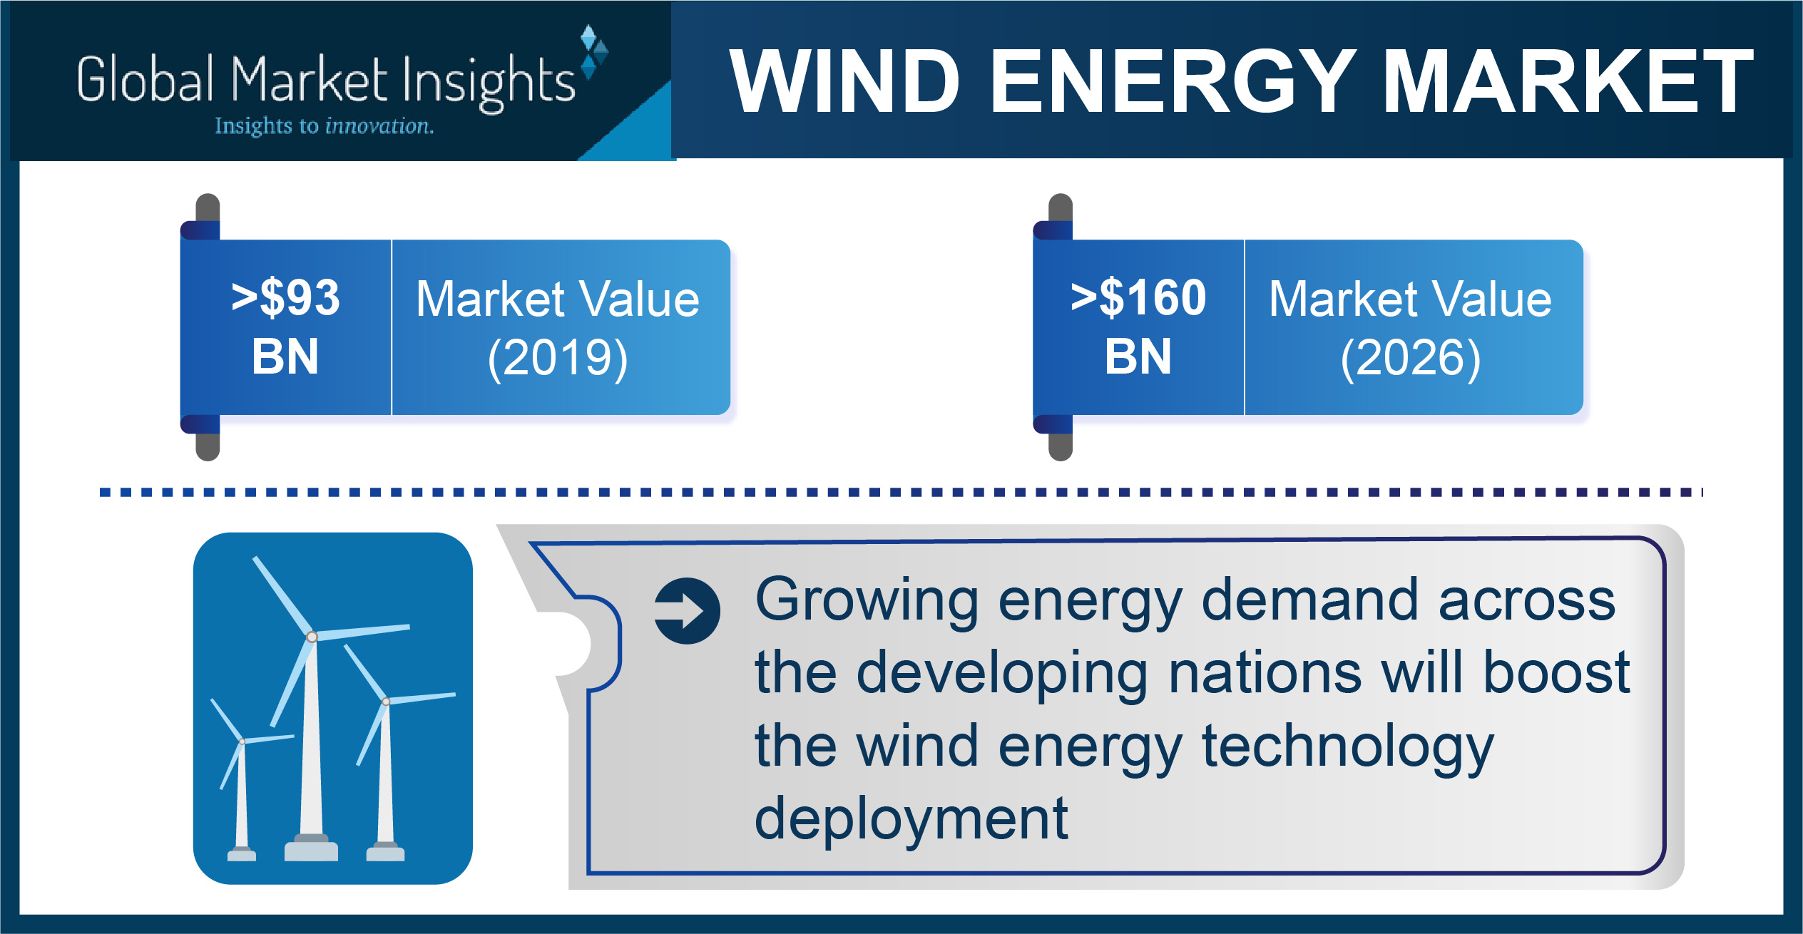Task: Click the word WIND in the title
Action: [x=844, y=81]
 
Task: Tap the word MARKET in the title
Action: [x=1568, y=81]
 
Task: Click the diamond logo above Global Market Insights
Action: [x=593, y=51]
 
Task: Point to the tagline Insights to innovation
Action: [x=325, y=126]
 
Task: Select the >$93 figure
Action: [x=285, y=297]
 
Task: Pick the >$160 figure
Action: [x=1138, y=297]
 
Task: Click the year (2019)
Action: [x=558, y=358]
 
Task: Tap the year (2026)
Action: [x=1411, y=358]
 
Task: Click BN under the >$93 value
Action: [x=285, y=356]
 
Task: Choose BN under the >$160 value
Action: [x=1138, y=356]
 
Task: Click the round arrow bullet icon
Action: [x=688, y=611]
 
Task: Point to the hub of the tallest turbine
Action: [x=312, y=637]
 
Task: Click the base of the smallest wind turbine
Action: [x=242, y=854]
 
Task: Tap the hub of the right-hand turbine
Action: [x=386, y=702]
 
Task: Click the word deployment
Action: [x=911, y=819]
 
